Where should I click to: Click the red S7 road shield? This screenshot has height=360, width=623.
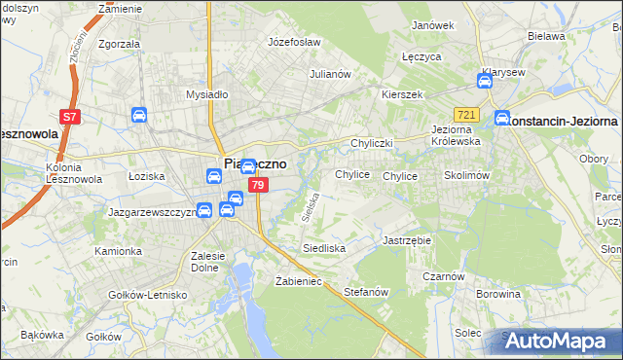[x=69, y=117]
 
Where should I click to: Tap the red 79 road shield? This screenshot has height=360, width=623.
[x=257, y=185]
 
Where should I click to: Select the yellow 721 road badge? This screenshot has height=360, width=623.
[x=467, y=115]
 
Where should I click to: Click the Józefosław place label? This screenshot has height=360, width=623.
[x=294, y=43]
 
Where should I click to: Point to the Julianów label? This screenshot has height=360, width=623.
[x=329, y=74]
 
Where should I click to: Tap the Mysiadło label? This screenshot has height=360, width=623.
[x=206, y=94]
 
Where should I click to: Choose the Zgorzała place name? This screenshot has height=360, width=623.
[x=120, y=44]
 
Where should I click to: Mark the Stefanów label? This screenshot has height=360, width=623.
[x=367, y=291]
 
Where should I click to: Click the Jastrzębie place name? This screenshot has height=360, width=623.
[x=407, y=239]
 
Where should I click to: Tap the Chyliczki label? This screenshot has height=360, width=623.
[x=371, y=143]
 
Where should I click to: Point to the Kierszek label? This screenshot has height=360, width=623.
[x=402, y=94]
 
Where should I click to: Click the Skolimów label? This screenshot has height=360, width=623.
[x=465, y=175]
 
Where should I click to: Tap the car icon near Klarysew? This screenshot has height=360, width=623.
[x=487, y=82]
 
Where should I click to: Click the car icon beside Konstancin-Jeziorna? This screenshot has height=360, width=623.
[x=503, y=120]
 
